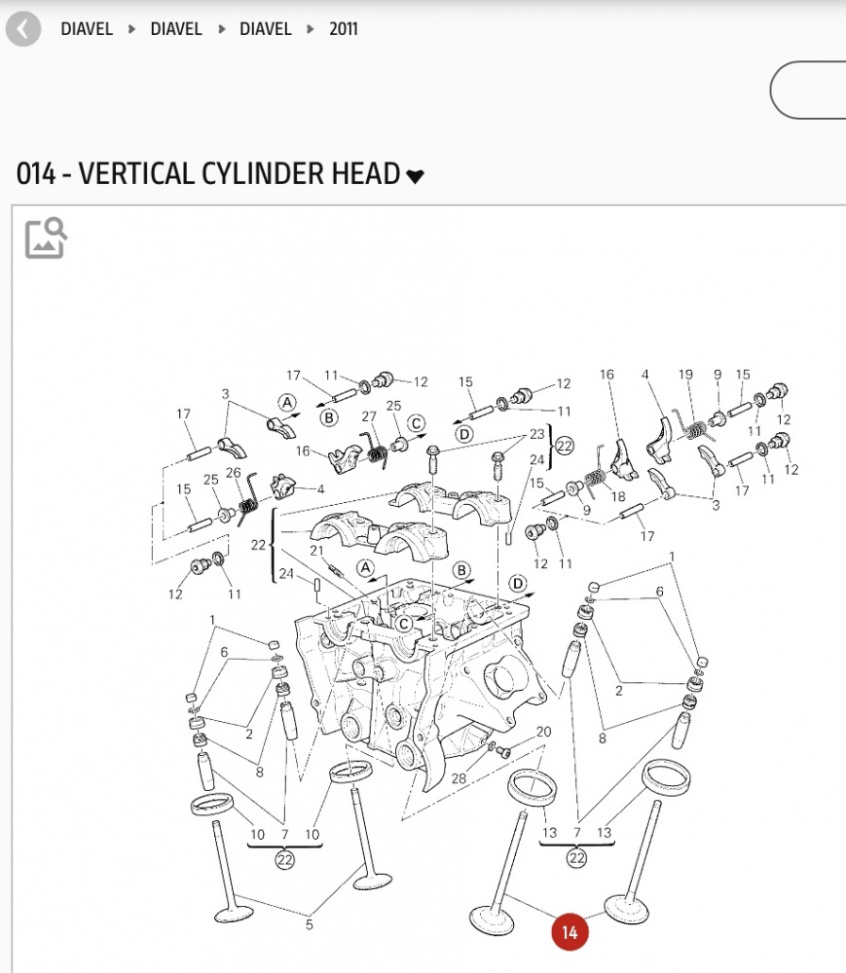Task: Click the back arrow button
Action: [23, 29]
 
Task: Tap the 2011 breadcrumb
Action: [344, 29]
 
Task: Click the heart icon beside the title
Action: [416, 176]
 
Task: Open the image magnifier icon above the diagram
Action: [46, 237]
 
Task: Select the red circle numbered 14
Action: [570, 932]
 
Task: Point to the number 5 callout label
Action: [310, 924]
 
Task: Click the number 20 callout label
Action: [543, 732]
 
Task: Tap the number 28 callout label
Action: [459, 778]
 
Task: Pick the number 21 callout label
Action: [316, 551]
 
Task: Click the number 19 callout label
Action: [685, 375]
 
